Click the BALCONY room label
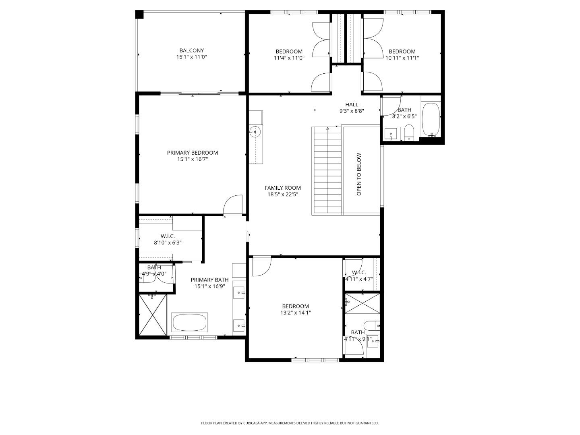[192, 50]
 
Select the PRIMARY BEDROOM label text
[193, 153]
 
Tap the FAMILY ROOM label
[283, 188]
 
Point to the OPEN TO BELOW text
[359, 174]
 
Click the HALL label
[352, 105]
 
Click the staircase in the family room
[327, 171]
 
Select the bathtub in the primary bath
[189, 323]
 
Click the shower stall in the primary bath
[152, 315]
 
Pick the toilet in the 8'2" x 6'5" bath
[409, 132]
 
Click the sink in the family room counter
[255, 131]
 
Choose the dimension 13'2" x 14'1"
[296, 313]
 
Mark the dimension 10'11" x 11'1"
[402, 58]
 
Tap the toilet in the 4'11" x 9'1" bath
[370, 325]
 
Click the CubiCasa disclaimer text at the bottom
[290, 423]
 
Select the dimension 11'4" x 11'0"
[289, 58]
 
